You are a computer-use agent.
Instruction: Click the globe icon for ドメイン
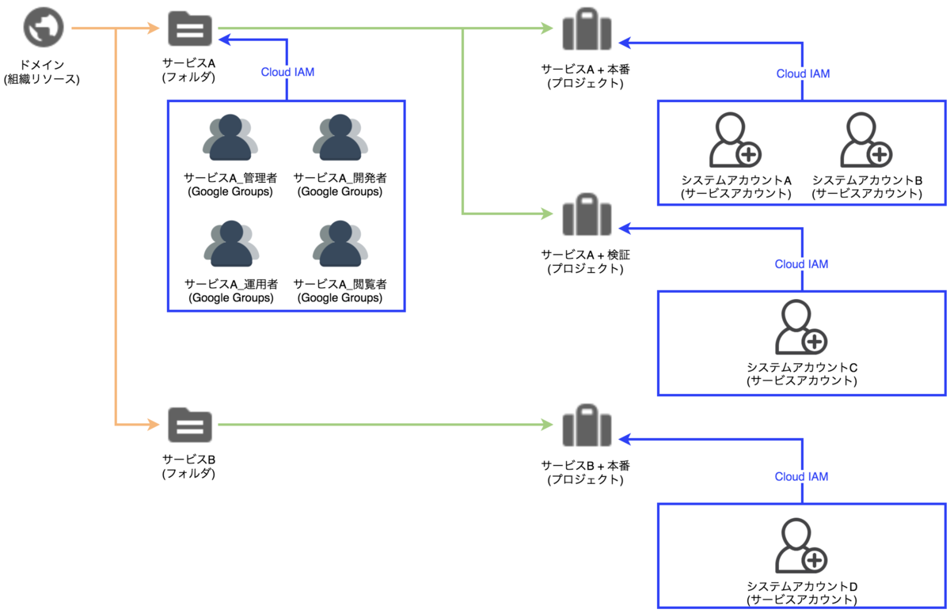pyautogui.click(x=43, y=29)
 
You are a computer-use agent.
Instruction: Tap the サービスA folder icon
pyautogui.click(x=190, y=30)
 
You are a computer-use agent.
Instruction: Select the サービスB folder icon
pyautogui.click(x=190, y=426)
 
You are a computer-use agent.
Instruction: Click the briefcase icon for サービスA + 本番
pyautogui.click(x=586, y=31)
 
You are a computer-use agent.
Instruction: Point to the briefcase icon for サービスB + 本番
pyautogui.click(x=586, y=425)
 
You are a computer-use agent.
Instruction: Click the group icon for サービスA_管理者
pyautogui.click(x=230, y=138)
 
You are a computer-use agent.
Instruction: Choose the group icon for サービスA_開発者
pyautogui.click(x=340, y=138)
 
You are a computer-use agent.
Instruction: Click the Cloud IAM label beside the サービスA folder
pyautogui.click(x=287, y=73)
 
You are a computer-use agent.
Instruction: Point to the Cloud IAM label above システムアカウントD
pyautogui.click(x=801, y=477)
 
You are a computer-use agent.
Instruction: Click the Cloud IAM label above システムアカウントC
pyautogui.click(x=801, y=264)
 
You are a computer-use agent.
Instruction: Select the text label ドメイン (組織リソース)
pyautogui.click(x=43, y=72)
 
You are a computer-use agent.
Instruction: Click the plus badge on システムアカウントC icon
pyautogui.click(x=815, y=342)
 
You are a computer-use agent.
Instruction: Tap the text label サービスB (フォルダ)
pyautogui.click(x=189, y=467)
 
